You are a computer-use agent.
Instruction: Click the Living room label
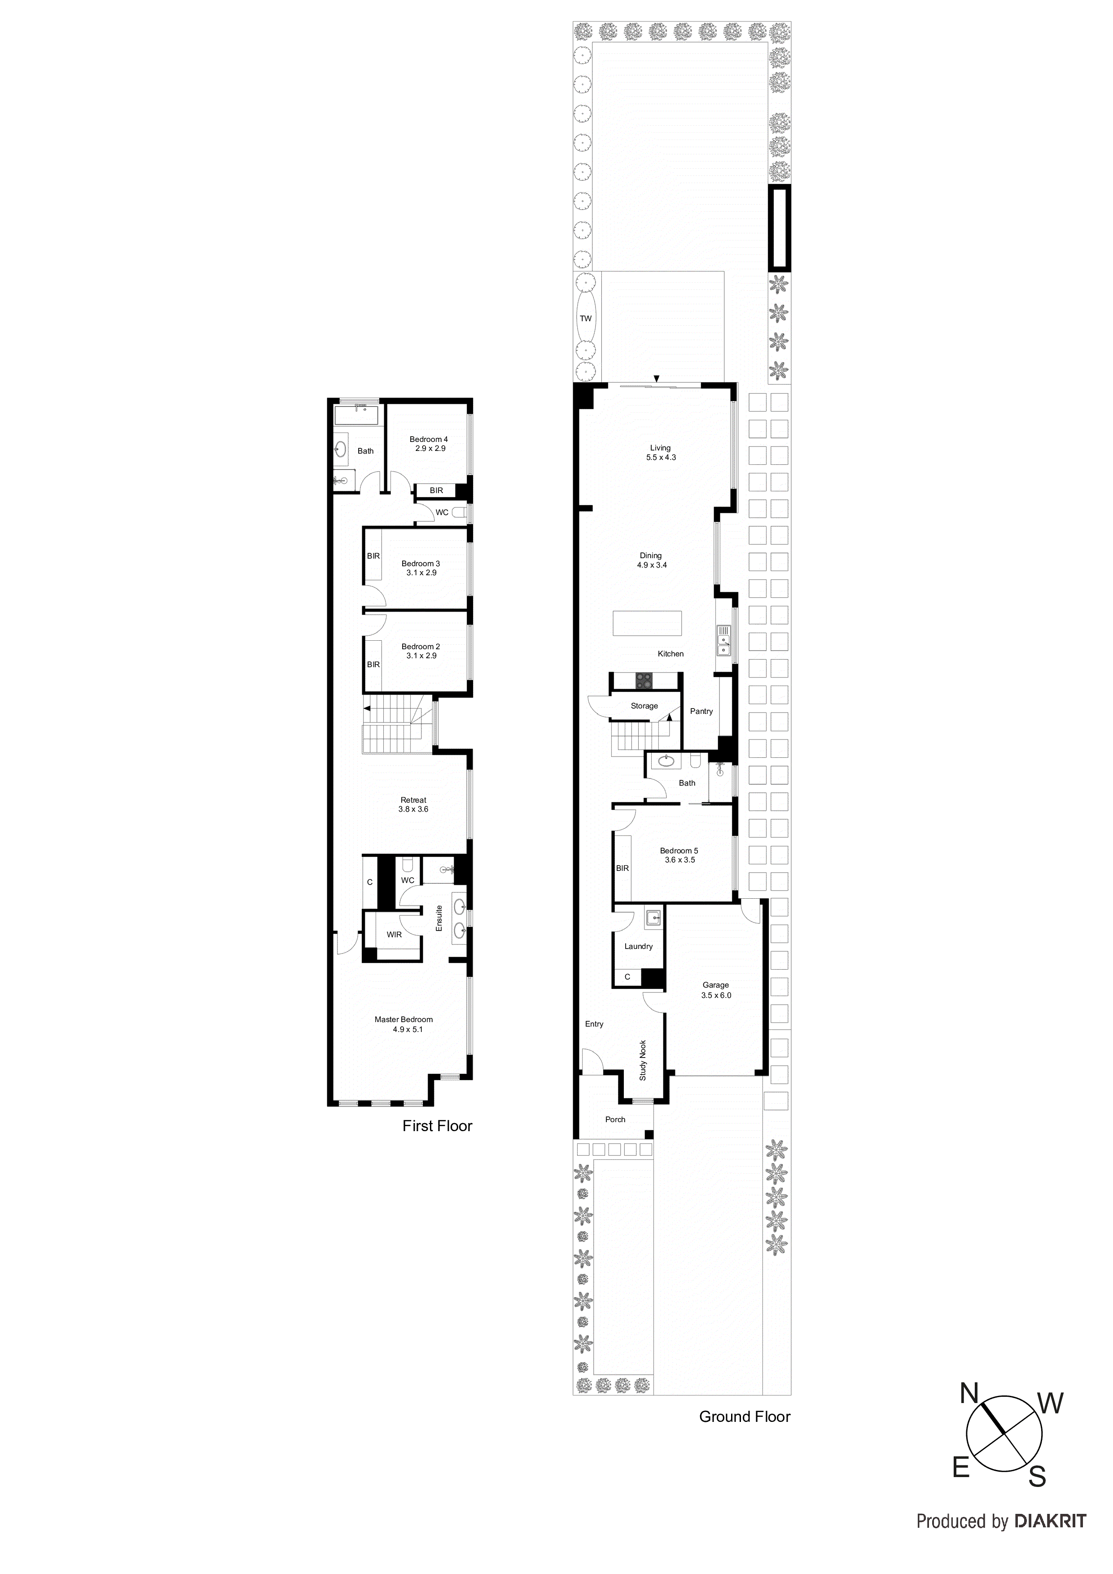coord(660,452)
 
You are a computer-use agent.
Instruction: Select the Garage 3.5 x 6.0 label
coord(715,990)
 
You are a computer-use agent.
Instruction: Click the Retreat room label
coord(413,804)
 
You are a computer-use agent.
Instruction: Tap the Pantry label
coord(701,711)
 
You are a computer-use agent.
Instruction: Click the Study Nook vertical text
coord(643,1061)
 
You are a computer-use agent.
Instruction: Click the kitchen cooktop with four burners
coord(644,680)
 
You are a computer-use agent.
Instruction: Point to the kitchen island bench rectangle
coord(647,624)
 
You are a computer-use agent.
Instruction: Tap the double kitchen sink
coord(723,640)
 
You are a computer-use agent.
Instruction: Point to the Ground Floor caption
coord(744,1417)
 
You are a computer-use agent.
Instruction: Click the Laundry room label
coord(638,946)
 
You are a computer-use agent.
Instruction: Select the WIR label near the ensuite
coord(394,934)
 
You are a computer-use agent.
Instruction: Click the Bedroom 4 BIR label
coord(436,490)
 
